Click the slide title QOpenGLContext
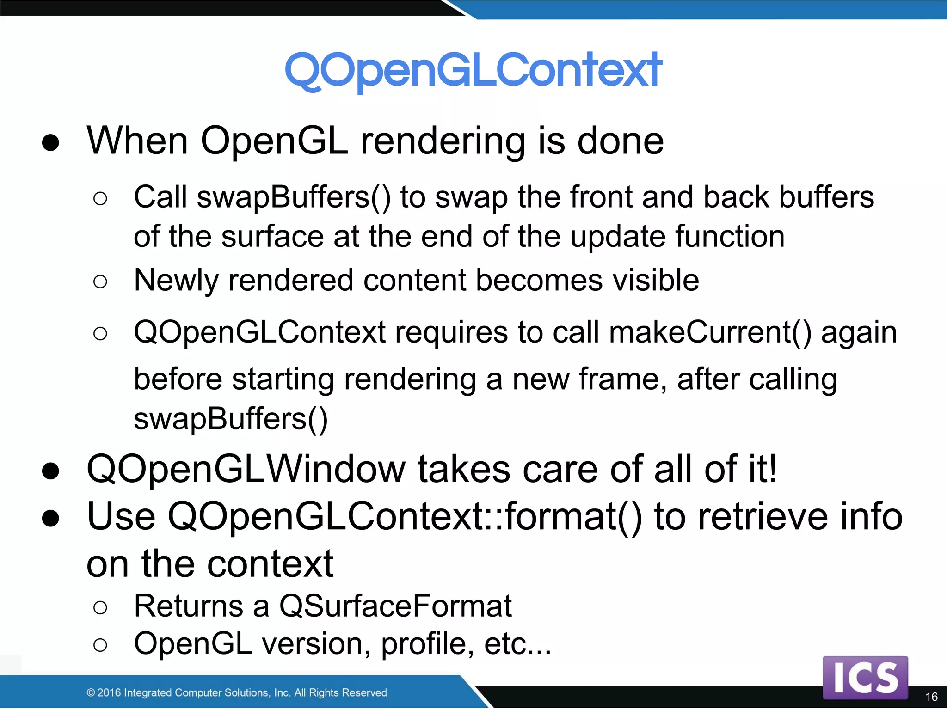click(473, 70)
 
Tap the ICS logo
click(865, 678)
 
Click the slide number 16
click(931, 697)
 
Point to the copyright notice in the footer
click(236, 692)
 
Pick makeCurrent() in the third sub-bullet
click(710, 332)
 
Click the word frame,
click(622, 379)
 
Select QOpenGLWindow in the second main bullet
click(246, 469)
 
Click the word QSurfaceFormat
click(395, 606)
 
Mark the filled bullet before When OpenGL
click(50, 143)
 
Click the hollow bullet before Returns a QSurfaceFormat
click(100, 607)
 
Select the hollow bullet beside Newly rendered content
click(100, 282)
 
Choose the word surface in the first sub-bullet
click(272, 237)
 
